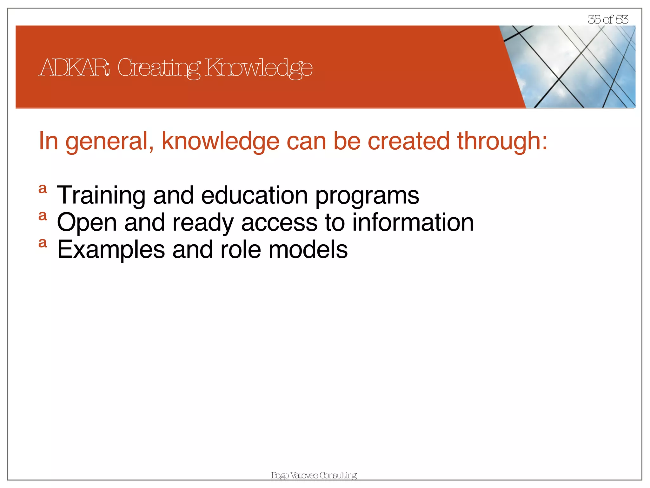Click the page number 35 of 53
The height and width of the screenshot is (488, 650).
(608, 20)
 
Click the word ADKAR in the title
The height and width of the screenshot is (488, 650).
(75, 68)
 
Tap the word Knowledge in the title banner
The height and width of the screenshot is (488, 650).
(259, 68)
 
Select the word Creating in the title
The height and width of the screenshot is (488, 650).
(159, 68)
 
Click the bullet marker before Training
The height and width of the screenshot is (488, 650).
(43, 189)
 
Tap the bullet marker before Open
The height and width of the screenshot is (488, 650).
(43, 216)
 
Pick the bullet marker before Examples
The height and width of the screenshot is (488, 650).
(43, 243)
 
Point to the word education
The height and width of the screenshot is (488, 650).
(254, 195)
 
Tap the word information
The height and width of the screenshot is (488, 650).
(413, 222)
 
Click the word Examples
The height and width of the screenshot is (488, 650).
(111, 250)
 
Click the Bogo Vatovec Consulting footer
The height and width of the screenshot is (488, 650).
(314, 475)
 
